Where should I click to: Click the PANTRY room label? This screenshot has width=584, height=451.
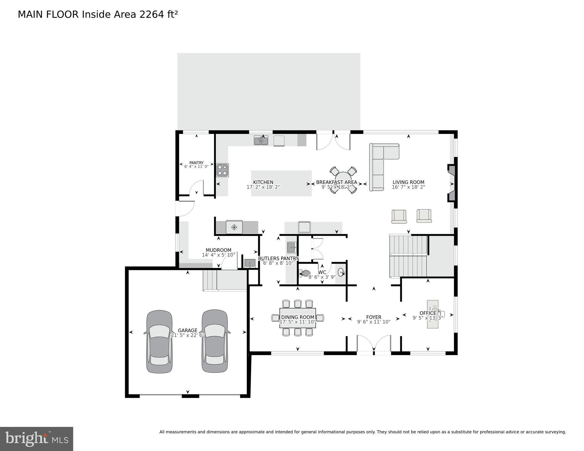(x=196, y=163)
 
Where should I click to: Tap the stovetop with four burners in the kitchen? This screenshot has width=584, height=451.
(x=222, y=170)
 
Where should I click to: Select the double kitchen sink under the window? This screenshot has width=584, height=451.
(x=261, y=141)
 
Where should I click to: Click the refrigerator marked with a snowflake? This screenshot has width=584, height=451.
(x=234, y=227)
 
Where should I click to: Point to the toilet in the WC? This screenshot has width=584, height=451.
(x=305, y=274)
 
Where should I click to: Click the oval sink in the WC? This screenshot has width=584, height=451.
(x=341, y=272)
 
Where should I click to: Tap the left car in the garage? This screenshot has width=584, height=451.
(x=159, y=341)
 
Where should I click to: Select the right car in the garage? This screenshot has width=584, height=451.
(x=215, y=341)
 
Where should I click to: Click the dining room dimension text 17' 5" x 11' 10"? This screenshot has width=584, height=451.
(x=297, y=322)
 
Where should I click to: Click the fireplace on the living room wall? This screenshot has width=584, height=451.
(x=451, y=183)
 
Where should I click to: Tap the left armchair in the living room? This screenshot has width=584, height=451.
(x=399, y=217)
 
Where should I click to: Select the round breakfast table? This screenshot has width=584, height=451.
(x=343, y=180)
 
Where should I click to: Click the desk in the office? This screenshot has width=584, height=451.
(x=433, y=314)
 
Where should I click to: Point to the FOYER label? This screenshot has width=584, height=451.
(x=374, y=317)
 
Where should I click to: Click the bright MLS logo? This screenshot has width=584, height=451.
(x=36, y=439)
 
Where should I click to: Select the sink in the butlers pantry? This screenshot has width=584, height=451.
(x=292, y=247)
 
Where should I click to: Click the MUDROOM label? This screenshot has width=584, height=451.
(x=218, y=250)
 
